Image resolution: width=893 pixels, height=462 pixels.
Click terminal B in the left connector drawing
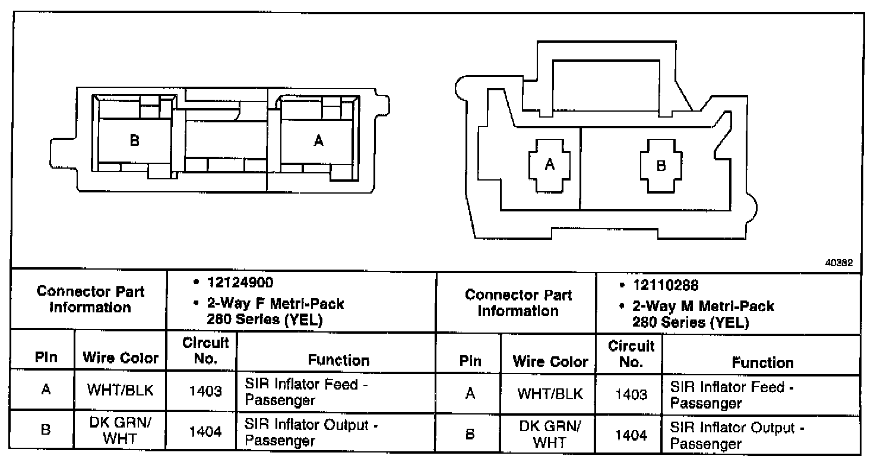coord(135,141)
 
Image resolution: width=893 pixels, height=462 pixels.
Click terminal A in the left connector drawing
coord(319,141)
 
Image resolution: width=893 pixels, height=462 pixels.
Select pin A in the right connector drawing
coord(550,165)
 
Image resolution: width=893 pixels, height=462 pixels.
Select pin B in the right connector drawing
coord(661,166)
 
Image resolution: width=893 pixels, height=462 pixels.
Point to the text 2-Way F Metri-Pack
coord(275,303)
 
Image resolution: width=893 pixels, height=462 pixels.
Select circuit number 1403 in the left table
coord(205,392)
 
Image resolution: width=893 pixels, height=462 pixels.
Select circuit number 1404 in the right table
coord(631,435)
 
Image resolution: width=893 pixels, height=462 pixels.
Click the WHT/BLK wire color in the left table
coord(121,391)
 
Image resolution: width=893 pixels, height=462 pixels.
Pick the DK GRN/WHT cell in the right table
coord(549,435)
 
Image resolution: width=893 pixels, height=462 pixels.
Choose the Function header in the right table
coord(762,362)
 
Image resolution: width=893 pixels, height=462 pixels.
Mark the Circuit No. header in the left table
coord(205,351)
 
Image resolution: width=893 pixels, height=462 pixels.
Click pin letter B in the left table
coord(45,432)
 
